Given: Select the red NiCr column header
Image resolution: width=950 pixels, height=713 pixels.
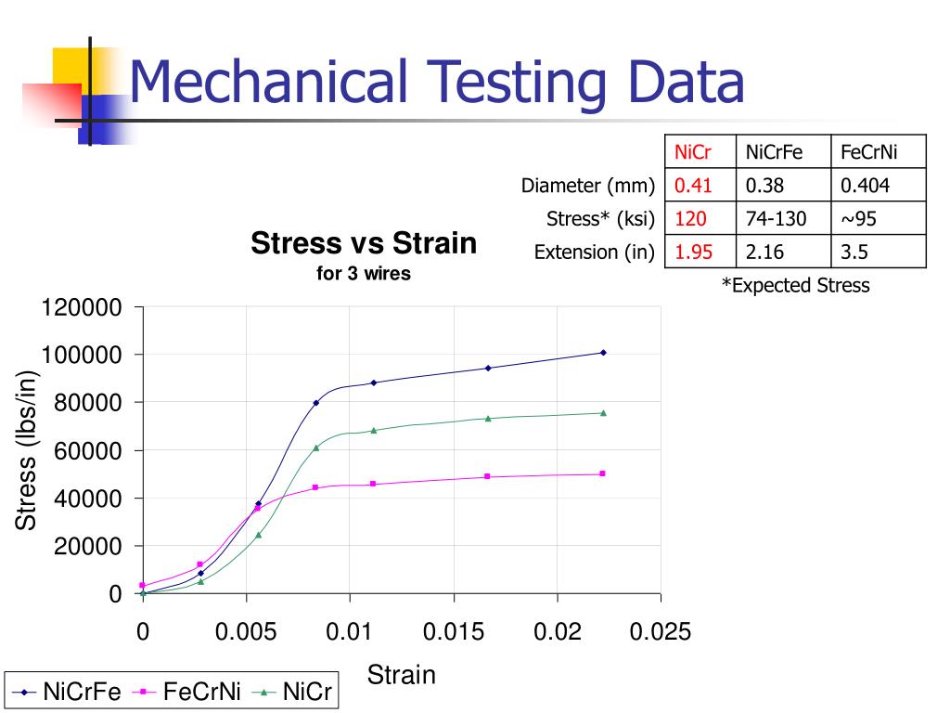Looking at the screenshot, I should (693, 151).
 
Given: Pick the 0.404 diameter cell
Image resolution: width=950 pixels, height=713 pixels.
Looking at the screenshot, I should (865, 185).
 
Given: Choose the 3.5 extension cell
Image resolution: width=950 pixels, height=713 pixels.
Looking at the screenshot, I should (857, 252).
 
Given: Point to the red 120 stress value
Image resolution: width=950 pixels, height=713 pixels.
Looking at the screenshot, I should (690, 218).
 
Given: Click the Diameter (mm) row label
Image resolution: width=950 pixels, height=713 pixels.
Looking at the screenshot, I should (587, 185).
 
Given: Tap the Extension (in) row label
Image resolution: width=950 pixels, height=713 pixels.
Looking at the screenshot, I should (595, 252).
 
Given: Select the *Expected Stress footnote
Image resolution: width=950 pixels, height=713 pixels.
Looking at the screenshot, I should (796, 285).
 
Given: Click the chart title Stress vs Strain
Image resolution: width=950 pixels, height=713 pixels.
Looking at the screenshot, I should (364, 244).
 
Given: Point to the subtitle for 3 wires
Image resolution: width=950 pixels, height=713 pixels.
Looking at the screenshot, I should (364, 274).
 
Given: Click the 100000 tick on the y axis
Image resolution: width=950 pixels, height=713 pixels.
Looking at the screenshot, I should (81, 355).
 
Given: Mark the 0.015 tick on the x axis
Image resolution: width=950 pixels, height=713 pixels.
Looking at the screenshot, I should (454, 632).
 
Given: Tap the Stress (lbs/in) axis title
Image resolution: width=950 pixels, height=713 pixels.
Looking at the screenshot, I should (27, 449).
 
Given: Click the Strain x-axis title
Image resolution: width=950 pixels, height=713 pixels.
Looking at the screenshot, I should (402, 674).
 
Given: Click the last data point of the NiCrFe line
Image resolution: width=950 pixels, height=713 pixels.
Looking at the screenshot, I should (603, 353).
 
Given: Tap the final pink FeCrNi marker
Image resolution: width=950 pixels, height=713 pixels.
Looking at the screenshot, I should (603, 473).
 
